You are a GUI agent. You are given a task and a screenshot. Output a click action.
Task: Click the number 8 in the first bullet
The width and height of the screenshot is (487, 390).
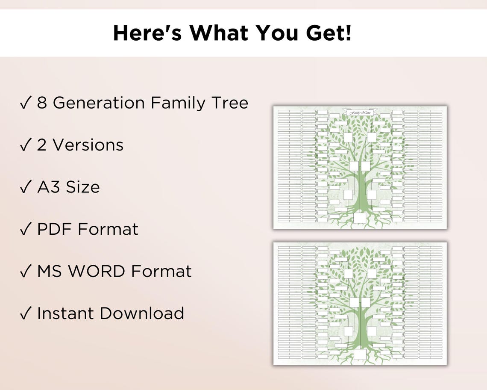(42, 103)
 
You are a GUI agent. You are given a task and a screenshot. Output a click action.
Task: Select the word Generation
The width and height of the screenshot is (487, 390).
(99, 103)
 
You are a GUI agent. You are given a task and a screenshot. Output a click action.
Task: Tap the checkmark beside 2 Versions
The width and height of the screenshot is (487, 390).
(25, 145)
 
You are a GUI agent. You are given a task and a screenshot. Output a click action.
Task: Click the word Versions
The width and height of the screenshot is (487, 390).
(88, 145)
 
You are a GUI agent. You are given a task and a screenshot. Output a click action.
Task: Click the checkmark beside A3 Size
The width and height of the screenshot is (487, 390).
(25, 187)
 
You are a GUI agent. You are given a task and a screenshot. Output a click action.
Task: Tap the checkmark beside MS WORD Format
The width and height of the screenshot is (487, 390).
(25, 271)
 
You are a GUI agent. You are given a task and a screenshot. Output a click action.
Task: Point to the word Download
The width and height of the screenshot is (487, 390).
(142, 313)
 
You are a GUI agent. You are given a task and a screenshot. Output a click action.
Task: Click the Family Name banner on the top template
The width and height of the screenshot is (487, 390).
(360, 112)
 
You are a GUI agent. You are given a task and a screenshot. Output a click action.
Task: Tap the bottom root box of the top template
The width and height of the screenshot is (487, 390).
(360, 218)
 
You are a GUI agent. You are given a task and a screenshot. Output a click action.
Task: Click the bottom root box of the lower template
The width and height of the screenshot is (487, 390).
(360, 355)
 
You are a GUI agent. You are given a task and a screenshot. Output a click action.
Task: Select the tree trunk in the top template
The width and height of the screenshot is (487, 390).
(360, 192)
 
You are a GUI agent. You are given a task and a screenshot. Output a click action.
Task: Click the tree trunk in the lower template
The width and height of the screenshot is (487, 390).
(360, 329)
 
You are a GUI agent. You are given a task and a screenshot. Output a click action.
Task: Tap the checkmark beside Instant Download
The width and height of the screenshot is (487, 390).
(25, 313)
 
